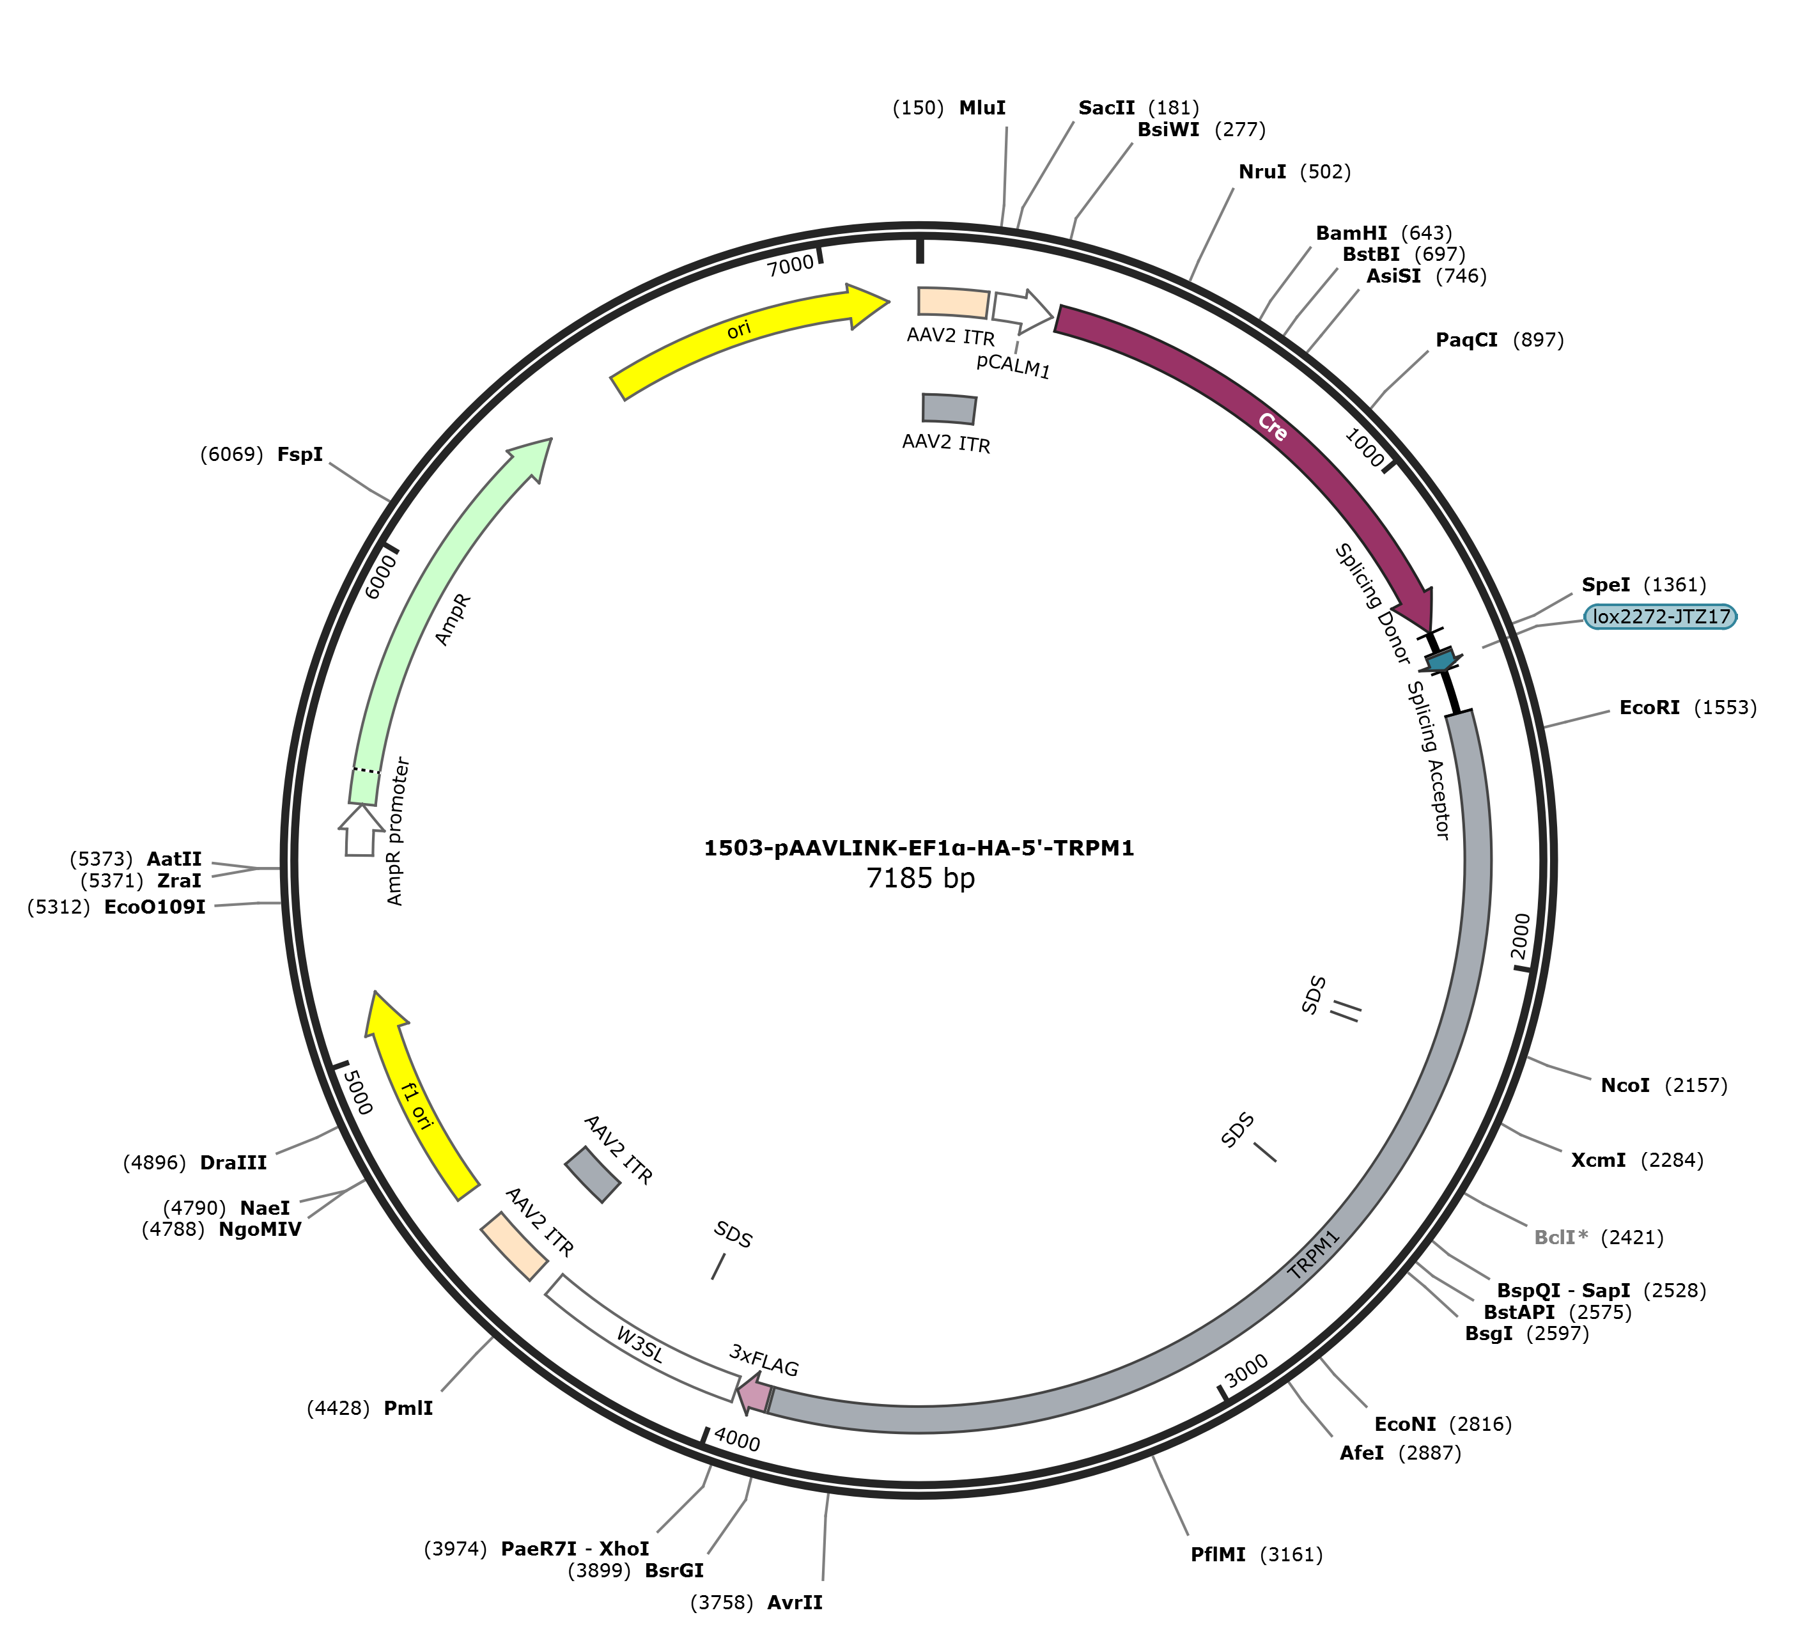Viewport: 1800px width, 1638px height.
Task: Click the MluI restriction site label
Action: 982,108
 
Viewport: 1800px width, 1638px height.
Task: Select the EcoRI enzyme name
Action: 1650,708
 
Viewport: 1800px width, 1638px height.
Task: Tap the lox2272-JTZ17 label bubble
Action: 1661,616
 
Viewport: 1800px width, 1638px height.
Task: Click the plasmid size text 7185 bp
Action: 920,879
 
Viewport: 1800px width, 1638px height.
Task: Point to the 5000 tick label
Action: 357,1091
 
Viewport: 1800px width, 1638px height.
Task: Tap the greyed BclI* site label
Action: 1561,1238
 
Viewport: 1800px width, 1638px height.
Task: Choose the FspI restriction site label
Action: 300,455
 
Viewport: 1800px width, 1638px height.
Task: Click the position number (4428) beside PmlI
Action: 338,1408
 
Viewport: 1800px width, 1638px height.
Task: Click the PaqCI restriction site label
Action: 1467,340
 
